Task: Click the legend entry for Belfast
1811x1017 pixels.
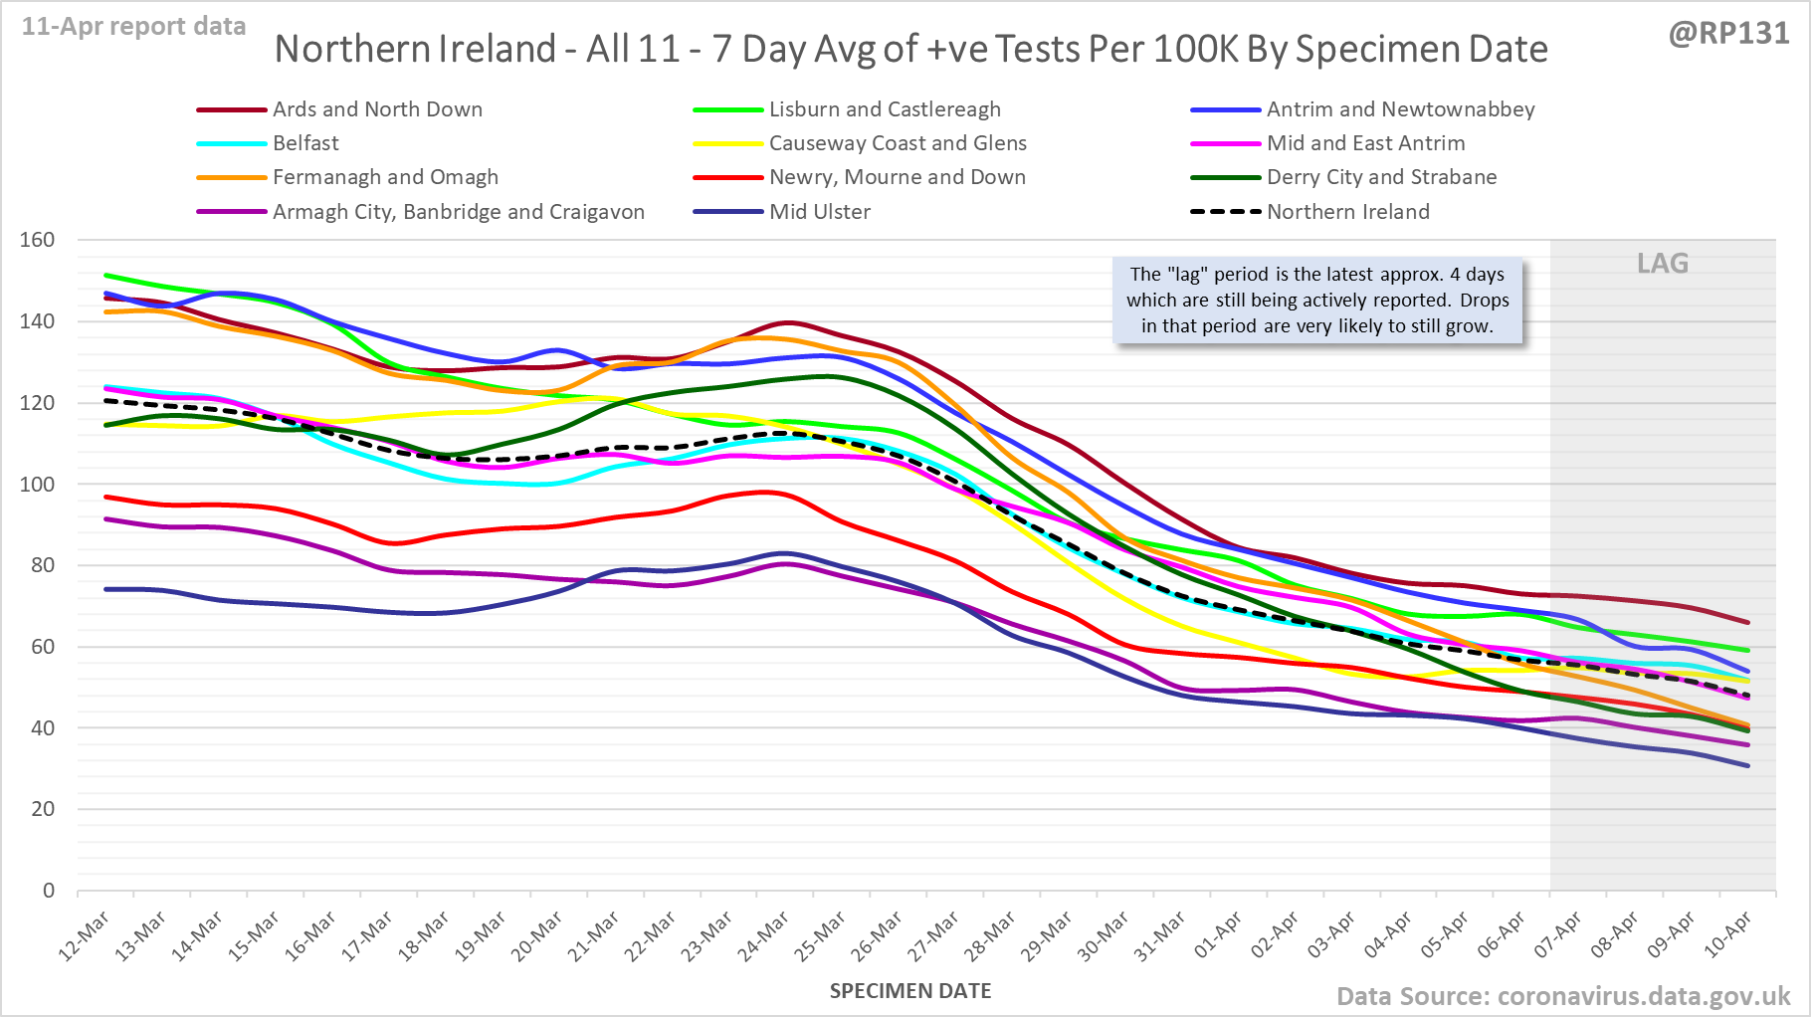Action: pos(305,143)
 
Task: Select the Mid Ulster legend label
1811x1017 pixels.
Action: pos(819,212)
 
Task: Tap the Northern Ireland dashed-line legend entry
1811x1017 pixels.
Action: pos(1347,212)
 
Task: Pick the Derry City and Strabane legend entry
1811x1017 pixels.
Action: pos(1381,177)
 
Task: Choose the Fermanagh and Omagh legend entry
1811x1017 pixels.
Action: pos(385,177)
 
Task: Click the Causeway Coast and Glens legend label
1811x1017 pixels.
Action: pos(898,143)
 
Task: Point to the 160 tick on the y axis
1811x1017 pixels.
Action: pos(37,240)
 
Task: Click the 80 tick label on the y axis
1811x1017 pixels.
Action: pos(43,565)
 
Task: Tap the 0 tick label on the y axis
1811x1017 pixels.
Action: pos(49,891)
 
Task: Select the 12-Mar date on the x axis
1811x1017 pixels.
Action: pos(85,936)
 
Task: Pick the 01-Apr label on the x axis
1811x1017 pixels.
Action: pos(1218,936)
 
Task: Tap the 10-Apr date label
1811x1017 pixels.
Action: pos(1727,936)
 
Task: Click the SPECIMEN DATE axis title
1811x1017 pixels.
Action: pos(910,991)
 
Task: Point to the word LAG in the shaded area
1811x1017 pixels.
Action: pos(1663,264)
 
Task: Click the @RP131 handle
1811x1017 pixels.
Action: pos(1728,34)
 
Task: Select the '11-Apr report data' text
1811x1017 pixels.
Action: pos(133,27)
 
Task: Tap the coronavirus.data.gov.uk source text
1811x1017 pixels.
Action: pos(1643,996)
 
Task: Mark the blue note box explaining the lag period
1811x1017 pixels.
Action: pos(1317,301)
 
